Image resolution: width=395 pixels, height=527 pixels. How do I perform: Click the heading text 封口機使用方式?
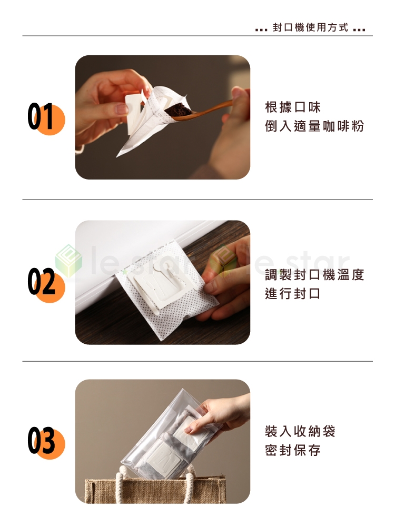[x=310, y=27]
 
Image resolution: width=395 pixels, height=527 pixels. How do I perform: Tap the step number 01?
[x=41, y=116]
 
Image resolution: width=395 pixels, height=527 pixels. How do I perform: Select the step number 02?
[x=41, y=282]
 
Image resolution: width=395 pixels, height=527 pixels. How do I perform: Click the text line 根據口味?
[x=293, y=107]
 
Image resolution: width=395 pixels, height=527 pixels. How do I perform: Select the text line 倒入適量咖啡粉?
[x=314, y=126]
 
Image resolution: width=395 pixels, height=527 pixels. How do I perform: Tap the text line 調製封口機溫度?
[x=314, y=275]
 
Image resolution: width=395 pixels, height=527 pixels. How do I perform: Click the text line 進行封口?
[x=293, y=293]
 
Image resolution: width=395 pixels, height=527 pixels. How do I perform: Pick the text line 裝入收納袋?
[x=300, y=431]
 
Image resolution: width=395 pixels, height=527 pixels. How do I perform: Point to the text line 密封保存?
[x=293, y=450]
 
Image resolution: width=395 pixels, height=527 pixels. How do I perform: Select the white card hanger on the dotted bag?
[x=161, y=286]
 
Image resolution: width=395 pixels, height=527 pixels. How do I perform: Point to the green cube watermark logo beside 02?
[x=68, y=261]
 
